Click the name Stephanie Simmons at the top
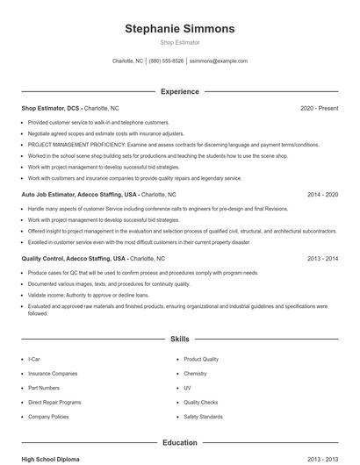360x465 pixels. (180, 28)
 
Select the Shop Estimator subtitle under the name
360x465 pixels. (180, 41)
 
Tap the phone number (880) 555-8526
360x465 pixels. (167, 61)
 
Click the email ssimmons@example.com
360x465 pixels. (219, 61)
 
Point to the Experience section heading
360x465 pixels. (180, 91)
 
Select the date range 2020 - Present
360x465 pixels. (319, 108)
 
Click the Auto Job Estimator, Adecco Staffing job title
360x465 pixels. (79, 194)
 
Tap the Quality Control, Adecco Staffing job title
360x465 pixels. (74, 259)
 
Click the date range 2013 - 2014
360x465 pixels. (322, 259)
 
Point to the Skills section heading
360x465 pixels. (180, 338)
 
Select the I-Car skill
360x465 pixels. (33, 359)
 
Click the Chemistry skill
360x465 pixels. (195, 373)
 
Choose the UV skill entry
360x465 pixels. (187, 387)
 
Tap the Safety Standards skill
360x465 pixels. (203, 416)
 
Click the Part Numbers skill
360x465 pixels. (44, 387)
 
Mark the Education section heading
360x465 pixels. (180, 443)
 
